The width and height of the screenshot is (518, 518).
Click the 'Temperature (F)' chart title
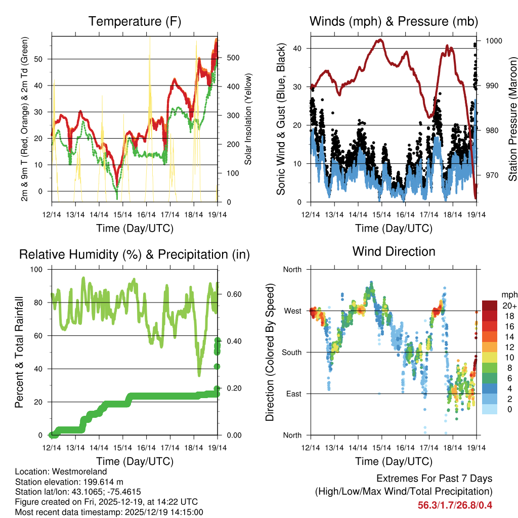[135, 22]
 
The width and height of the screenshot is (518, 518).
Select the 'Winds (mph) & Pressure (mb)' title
[394, 22]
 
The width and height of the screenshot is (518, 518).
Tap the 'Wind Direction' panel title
[394, 251]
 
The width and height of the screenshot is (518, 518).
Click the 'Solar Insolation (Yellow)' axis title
[248, 119]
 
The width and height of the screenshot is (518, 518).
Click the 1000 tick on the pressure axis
[493, 41]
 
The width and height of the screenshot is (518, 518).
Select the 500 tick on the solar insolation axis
[233, 58]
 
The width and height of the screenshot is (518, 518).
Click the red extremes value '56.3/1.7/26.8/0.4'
[455, 505]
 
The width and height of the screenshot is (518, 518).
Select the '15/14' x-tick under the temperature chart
[122, 214]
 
